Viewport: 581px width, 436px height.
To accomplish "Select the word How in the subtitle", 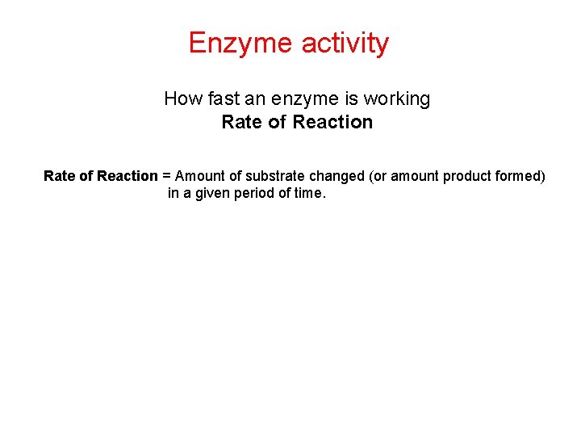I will tap(180, 99).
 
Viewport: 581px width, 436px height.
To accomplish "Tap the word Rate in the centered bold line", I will tap(239, 122).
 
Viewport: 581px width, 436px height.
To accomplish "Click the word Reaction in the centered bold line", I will tap(332, 122).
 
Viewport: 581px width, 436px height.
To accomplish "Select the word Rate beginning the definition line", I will tap(59, 176).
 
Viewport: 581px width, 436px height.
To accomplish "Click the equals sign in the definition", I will tap(166, 176).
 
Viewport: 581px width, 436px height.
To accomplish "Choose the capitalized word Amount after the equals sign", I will tap(199, 176).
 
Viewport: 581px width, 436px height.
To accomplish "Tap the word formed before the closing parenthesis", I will tap(521, 176).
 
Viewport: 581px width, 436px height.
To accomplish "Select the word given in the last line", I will tap(209, 194).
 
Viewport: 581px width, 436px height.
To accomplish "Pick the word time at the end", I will tap(308, 194).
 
